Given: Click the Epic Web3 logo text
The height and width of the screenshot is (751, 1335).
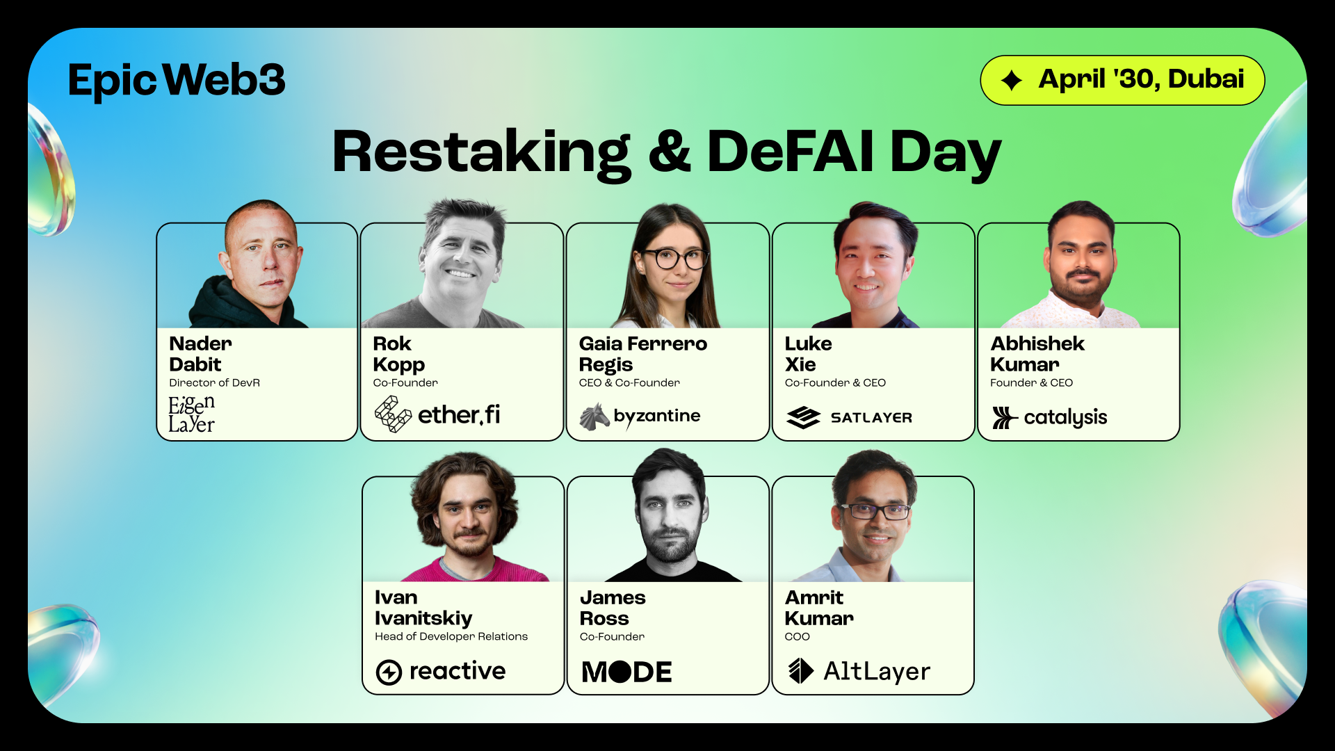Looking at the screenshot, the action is (177, 81).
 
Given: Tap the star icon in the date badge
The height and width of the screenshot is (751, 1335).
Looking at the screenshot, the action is (1012, 81).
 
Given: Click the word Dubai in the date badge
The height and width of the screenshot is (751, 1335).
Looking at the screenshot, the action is (1206, 79).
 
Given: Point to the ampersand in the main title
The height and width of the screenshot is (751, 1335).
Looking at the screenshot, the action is (670, 152).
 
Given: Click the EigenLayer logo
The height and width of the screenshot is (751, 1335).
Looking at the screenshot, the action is (192, 414).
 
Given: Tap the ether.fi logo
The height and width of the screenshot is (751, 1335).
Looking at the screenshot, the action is (437, 414).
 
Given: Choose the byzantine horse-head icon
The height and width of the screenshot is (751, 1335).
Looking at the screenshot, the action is (594, 417).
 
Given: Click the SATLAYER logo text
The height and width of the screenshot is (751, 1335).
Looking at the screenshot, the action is (871, 418).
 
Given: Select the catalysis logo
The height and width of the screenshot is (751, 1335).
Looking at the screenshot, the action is (1050, 417).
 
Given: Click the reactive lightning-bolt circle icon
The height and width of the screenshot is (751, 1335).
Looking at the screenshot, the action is (389, 672).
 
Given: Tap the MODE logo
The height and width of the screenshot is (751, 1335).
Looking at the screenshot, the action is (627, 672).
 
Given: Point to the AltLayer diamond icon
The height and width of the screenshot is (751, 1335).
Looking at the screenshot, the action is (801, 671).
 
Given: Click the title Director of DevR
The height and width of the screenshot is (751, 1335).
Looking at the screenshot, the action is (214, 383).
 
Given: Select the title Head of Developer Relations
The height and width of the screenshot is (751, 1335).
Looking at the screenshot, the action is (451, 637).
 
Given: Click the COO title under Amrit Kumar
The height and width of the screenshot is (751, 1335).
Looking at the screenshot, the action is (798, 637).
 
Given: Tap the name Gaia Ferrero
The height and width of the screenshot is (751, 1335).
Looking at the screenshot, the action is (643, 344).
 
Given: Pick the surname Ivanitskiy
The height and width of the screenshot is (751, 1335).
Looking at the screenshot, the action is (423, 619).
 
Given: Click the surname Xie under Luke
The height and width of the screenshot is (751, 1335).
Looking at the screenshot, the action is (800, 364).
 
